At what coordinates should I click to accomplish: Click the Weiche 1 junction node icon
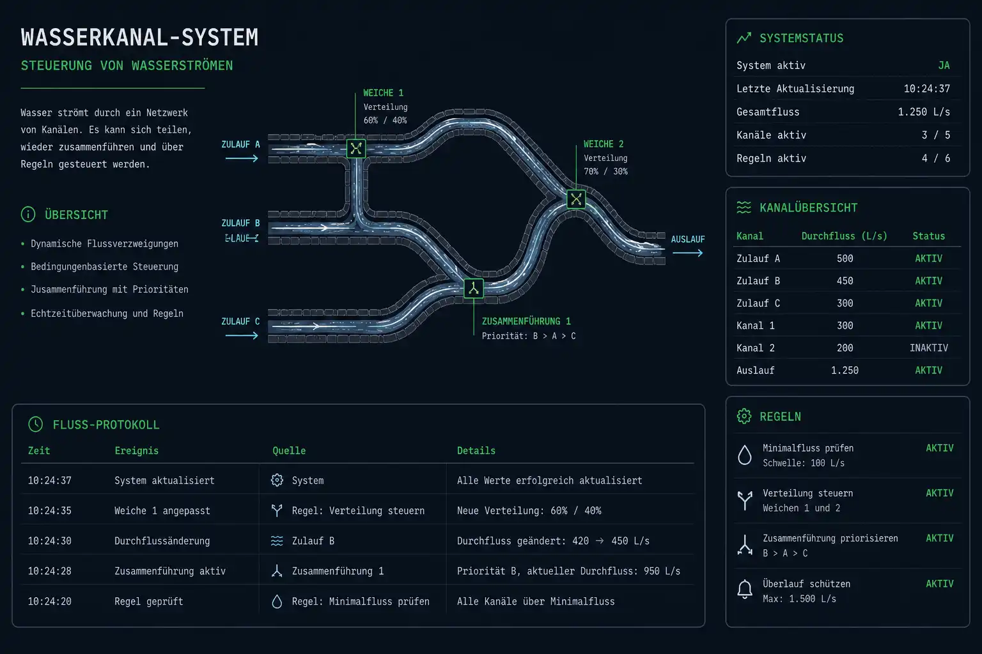pyautogui.click(x=356, y=149)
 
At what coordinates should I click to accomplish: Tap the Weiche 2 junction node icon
pyautogui.click(x=576, y=199)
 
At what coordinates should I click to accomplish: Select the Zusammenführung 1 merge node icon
pyautogui.click(x=474, y=289)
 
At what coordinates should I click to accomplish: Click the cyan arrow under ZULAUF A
pyautogui.click(x=242, y=158)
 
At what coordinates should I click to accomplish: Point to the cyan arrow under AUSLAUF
pyautogui.click(x=688, y=253)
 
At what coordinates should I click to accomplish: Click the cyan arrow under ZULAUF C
pyautogui.click(x=242, y=335)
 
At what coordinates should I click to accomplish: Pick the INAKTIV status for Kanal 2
pyautogui.click(x=928, y=348)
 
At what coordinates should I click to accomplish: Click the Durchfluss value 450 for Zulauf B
pyautogui.click(x=845, y=281)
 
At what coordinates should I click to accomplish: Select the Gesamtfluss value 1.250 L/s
pyautogui.click(x=924, y=112)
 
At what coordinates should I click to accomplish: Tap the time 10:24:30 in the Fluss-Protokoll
pyautogui.click(x=49, y=541)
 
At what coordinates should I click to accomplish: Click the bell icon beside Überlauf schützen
pyautogui.click(x=744, y=589)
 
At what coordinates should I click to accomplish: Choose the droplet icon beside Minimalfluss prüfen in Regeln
pyautogui.click(x=744, y=455)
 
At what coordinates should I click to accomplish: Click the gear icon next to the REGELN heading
pyautogui.click(x=744, y=416)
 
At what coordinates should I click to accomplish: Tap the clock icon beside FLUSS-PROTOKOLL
pyautogui.click(x=36, y=424)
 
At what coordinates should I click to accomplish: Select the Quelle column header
pyautogui.click(x=289, y=451)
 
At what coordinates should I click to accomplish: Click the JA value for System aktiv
pyautogui.click(x=944, y=66)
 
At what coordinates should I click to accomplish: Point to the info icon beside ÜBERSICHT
pyautogui.click(x=28, y=214)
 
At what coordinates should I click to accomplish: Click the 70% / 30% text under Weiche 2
pyautogui.click(x=605, y=171)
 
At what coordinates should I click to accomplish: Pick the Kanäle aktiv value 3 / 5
pyautogui.click(x=936, y=135)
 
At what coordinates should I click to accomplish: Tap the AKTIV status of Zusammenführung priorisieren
pyautogui.click(x=939, y=538)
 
